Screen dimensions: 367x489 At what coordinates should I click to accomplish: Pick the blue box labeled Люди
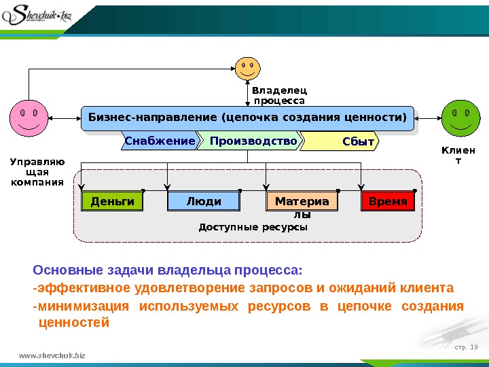pyautogui.click(x=204, y=202)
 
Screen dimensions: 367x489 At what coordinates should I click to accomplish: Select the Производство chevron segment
pyautogui.click(x=253, y=141)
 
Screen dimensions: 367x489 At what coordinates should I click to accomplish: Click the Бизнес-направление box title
pyautogui.click(x=247, y=118)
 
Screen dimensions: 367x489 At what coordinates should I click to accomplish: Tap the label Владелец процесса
pyautogui.click(x=279, y=95)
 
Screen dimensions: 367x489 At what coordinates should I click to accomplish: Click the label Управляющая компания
pyautogui.click(x=37, y=172)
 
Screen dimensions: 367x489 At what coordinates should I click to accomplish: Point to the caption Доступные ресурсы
pyautogui.click(x=253, y=227)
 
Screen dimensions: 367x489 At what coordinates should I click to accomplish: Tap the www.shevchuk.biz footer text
pyautogui.click(x=53, y=355)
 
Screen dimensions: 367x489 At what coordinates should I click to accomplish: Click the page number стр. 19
pyautogui.click(x=465, y=348)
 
